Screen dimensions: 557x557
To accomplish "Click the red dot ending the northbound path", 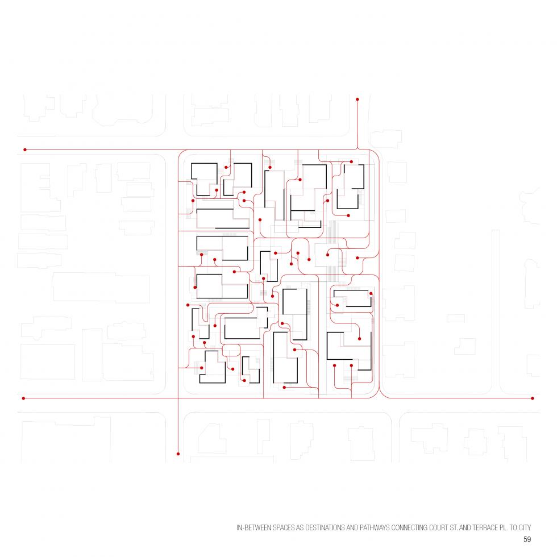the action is pos(358,99).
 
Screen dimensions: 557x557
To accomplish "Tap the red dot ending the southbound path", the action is pos(178,454).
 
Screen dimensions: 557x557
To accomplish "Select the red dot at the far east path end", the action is pos(533,398).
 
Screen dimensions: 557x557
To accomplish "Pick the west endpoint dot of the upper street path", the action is pos(25,150).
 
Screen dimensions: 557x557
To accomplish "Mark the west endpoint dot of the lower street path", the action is pos(24,398).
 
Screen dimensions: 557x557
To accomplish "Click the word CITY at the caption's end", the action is pos(525,528).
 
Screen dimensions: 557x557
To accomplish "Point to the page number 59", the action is pos(527,539).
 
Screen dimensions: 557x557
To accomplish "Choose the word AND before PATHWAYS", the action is pos(352,528).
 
